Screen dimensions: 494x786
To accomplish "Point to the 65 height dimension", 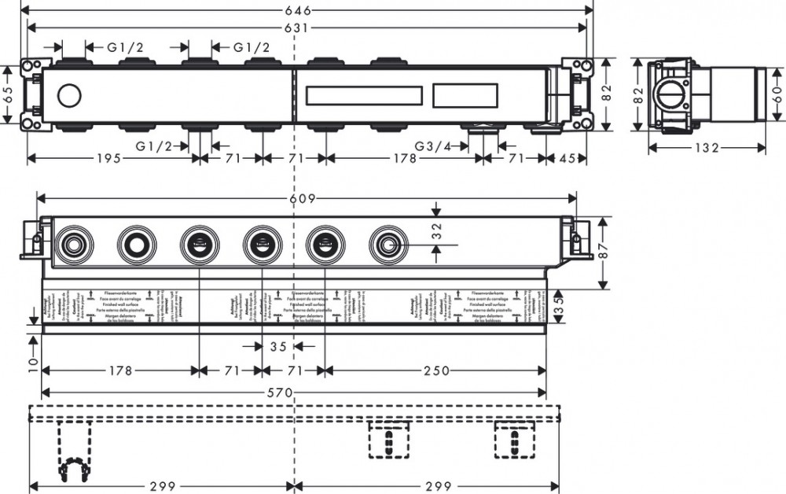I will (x=8, y=94).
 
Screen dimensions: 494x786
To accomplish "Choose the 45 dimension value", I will (x=567, y=158).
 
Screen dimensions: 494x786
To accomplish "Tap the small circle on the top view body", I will (x=69, y=97).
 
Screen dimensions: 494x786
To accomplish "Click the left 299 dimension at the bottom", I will (x=161, y=486).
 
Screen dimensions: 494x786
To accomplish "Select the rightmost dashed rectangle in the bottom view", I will (x=514, y=440).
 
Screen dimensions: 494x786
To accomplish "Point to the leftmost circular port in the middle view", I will (x=73, y=245).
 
